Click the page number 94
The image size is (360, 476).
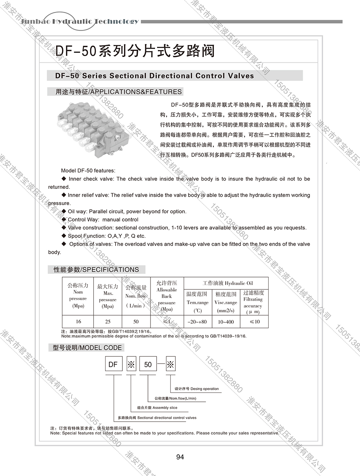(180, 457)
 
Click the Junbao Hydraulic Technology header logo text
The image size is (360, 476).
(80, 21)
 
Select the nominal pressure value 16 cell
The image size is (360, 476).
(78, 321)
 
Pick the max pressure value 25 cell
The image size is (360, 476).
(108, 321)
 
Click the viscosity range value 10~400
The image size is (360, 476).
(226, 321)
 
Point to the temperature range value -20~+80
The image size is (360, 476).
(197, 321)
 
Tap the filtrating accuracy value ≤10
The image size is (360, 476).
(255, 321)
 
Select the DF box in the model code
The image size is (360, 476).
(113, 364)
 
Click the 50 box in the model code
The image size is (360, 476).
(148, 364)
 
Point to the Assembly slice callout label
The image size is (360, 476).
(157, 408)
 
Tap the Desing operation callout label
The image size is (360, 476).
(197, 389)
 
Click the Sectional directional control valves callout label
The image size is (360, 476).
(157, 418)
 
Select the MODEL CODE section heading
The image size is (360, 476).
(87, 348)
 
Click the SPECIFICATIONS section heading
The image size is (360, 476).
(96, 270)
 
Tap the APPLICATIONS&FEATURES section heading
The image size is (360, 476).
(118, 92)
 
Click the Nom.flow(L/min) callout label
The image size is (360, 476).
(175, 399)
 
